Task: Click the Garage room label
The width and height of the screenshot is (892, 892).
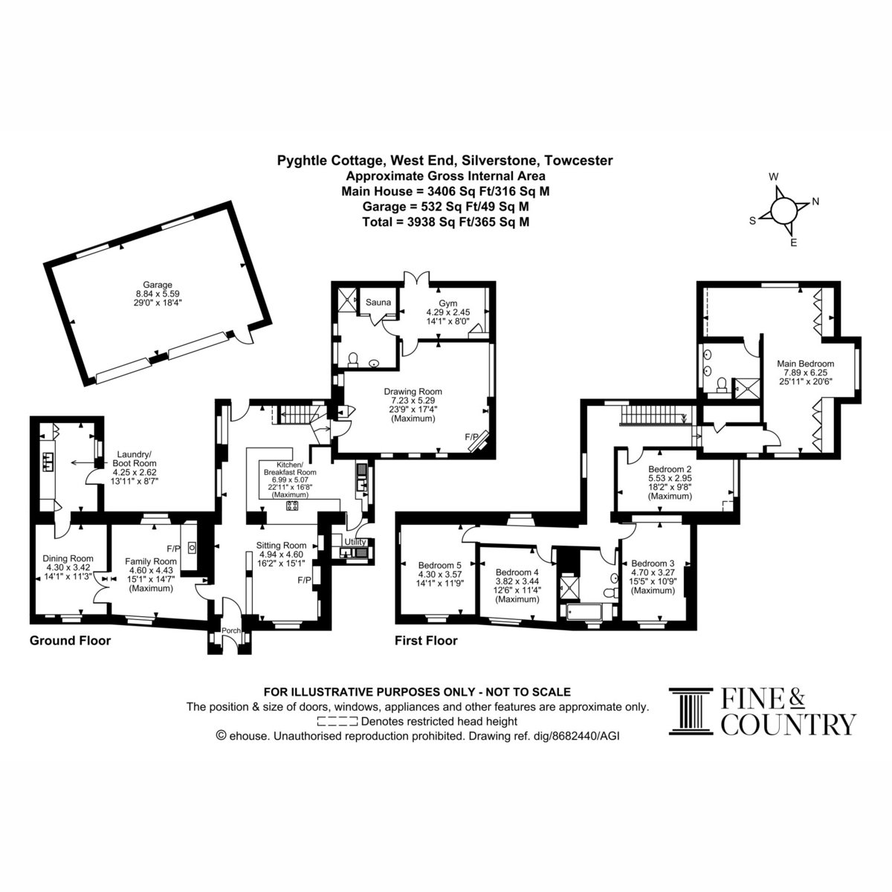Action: [158, 285]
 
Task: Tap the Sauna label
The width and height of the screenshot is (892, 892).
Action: [378, 303]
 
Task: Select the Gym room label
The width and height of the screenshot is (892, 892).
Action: [447, 303]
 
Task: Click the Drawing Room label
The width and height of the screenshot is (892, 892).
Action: [413, 391]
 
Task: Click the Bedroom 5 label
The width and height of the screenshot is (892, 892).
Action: [440, 565]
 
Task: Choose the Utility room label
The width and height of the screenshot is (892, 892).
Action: [355, 542]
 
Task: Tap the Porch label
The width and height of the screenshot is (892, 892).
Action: [231, 630]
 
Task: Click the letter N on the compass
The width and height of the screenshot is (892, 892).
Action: [815, 201]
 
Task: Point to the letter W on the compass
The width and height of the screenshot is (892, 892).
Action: [773, 177]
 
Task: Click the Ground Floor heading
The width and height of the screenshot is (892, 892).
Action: [71, 641]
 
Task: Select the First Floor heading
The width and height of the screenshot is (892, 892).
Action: [426, 641]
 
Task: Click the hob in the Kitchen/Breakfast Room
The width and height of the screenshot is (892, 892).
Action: [293, 505]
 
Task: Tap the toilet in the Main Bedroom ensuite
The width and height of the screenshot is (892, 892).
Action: [721, 384]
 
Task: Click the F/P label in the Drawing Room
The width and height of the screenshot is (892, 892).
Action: [472, 436]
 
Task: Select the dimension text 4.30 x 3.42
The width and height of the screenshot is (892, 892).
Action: [68, 567]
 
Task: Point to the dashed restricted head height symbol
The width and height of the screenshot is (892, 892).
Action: [337, 721]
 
